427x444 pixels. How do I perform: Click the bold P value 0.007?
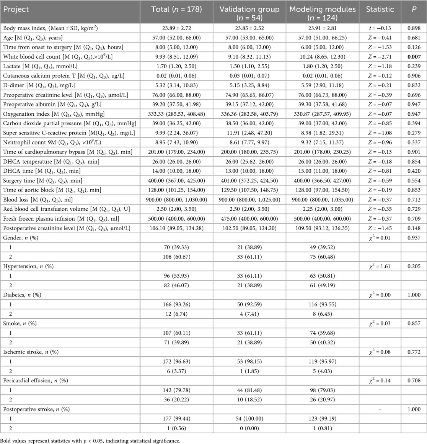tap(414, 57)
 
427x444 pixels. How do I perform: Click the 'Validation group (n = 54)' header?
tap(249, 13)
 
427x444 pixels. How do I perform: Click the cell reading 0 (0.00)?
tap(249, 428)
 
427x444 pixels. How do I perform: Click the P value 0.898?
tap(414, 28)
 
